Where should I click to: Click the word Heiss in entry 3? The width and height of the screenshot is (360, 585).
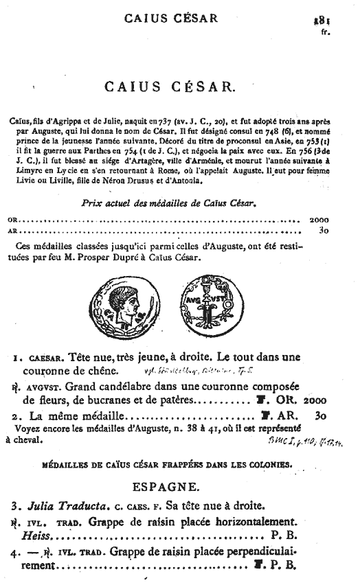coord(36,534)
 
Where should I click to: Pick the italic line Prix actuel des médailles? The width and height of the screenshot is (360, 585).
coord(179,204)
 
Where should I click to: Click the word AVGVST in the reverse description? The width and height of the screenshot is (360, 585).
coord(41,387)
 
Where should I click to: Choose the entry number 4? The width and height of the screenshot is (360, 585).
coord(14,551)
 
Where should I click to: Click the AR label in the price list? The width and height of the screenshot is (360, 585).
coord(12,231)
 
